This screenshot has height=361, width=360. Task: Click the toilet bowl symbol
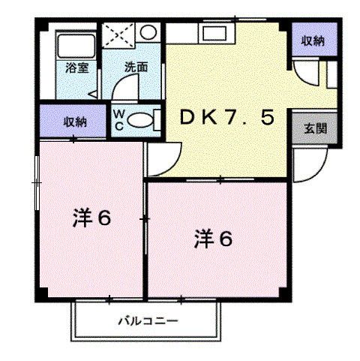(140, 119)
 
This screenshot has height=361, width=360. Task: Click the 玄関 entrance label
(314, 128)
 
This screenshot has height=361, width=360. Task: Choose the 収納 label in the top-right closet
(313, 41)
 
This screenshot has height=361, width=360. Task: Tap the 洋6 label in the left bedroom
(91, 218)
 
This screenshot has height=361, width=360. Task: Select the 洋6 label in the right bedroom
(214, 240)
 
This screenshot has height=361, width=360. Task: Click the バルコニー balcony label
(147, 321)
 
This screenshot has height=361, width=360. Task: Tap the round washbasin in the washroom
(148, 34)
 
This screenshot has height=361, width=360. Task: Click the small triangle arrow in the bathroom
(91, 94)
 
